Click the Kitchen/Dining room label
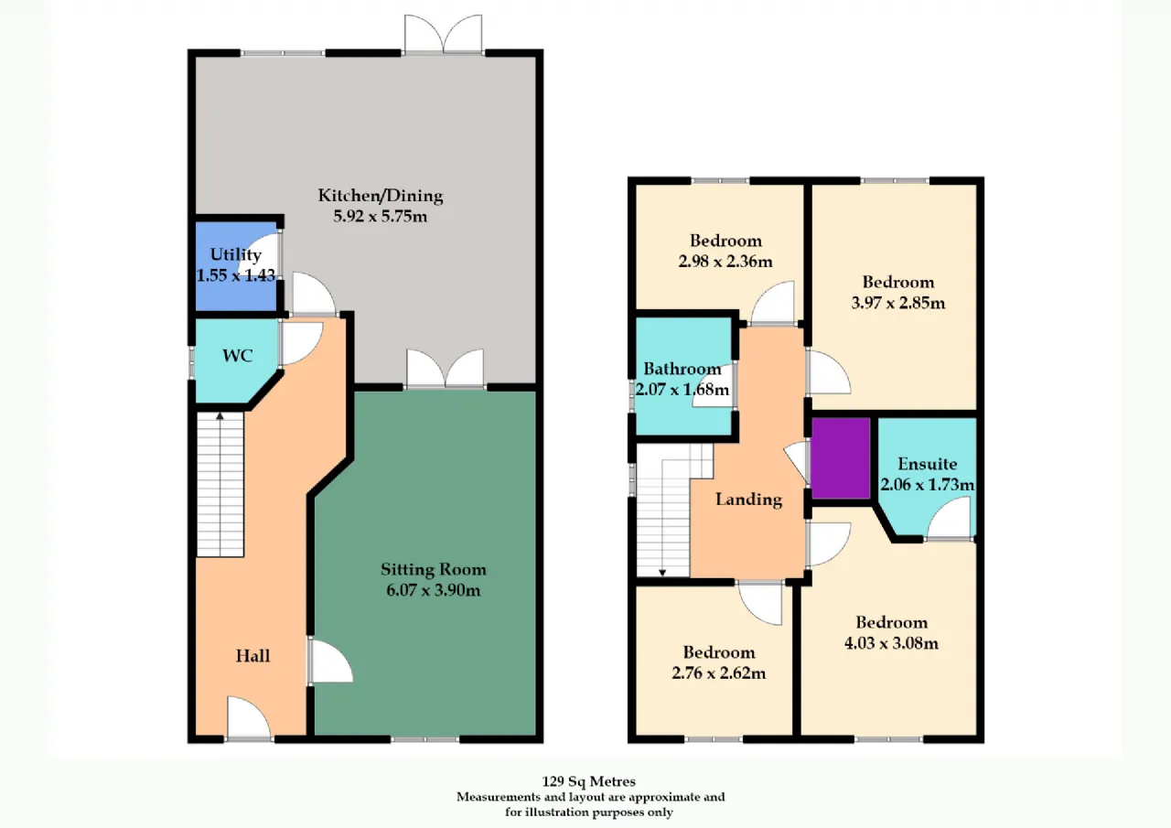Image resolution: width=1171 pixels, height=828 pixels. pos(381,196)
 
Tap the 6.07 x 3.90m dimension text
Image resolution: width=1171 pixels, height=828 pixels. pos(434,590)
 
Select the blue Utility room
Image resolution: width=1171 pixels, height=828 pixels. pos(236,266)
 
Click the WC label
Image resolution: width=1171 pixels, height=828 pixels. pos(237,356)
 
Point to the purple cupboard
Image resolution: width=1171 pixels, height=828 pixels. pos(841,458)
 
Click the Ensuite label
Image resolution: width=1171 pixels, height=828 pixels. pos(928,464)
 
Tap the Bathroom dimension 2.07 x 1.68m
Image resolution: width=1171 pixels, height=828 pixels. pos(682,390)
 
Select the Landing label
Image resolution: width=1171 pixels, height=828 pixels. pos(748,500)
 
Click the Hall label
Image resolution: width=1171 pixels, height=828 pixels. pos(252,656)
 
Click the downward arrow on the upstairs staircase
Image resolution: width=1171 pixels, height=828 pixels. pos(662,573)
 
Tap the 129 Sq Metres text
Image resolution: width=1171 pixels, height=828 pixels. pos(588,781)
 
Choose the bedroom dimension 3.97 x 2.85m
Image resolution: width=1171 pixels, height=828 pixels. pos(898,303)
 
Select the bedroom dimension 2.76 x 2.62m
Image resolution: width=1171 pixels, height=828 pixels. pos(719,672)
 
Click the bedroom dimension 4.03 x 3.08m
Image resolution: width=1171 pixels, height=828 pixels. pos(891,643)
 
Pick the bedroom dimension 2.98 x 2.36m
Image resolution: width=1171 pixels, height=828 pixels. pos(725,262)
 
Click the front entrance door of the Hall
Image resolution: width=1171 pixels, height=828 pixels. pos(249,719)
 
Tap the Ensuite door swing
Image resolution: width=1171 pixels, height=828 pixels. pos(950,518)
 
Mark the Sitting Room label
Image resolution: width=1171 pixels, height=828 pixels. pos(434,569)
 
